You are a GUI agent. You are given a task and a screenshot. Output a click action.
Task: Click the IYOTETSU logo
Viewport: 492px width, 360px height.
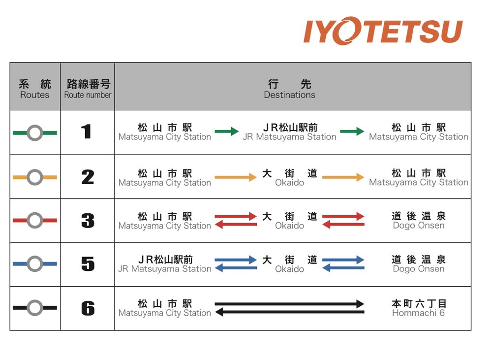pos(383,32)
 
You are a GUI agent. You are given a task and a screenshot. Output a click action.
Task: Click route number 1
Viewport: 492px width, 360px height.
pos(87,132)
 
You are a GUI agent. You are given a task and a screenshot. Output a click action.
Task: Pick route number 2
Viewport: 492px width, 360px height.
pos(88,177)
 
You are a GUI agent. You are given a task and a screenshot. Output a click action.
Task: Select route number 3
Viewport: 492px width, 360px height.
pos(88,221)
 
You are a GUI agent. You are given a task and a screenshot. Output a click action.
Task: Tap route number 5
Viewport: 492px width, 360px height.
pos(88,264)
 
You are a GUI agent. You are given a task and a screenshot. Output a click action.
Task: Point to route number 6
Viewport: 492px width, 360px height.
pos(88,308)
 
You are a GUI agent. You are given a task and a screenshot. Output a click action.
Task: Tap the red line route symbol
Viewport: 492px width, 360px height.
pos(34,221)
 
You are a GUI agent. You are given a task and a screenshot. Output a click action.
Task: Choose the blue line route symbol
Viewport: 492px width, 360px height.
pos(34,264)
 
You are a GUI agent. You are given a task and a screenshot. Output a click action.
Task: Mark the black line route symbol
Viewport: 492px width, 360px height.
pos(34,308)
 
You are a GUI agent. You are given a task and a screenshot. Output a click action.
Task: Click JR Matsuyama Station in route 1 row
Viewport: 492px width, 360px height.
pos(289,132)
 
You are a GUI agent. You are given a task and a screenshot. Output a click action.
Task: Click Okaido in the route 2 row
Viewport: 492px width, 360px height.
pos(289,178)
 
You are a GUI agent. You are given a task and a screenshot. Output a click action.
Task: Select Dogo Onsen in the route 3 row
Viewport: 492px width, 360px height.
pos(418,221)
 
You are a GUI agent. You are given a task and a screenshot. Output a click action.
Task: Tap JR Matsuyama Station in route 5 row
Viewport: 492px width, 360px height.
pos(165,264)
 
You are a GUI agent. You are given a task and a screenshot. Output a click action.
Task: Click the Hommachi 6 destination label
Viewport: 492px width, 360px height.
pos(418,308)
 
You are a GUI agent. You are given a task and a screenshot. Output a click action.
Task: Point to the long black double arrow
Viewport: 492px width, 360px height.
pos(289,308)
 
